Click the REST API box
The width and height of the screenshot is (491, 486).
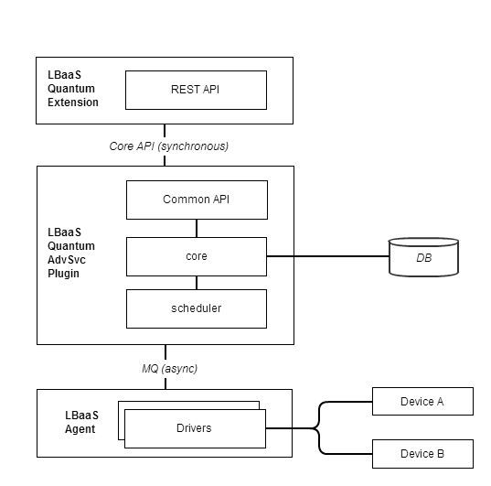(x=196, y=90)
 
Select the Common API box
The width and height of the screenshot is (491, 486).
(x=196, y=199)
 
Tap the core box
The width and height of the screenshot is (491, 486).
(x=196, y=256)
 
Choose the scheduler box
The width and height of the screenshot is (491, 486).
(x=196, y=308)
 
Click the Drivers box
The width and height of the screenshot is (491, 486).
(x=195, y=428)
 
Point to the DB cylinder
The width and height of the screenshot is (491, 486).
(x=423, y=257)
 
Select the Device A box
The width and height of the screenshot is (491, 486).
(x=422, y=402)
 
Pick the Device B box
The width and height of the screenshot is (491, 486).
(x=422, y=454)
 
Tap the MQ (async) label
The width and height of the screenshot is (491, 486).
(x=165, y=368)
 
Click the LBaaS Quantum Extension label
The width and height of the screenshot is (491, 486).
(x=72, y=88)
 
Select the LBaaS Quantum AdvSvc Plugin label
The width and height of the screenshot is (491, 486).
(x=71, y=253)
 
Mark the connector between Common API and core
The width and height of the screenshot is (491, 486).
(x=196, y=227)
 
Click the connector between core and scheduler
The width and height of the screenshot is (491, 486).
(x=196, y=283)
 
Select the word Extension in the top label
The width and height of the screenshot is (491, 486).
(x=72, y=103)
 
